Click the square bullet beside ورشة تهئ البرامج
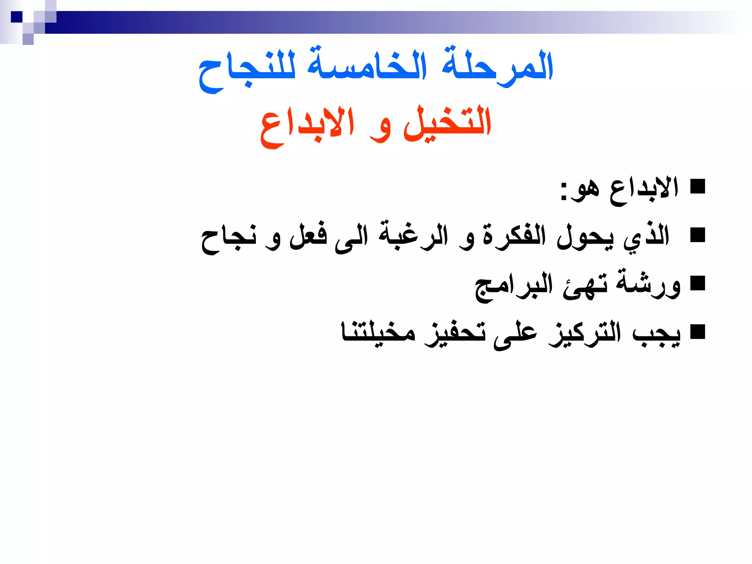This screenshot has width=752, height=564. [698, 283]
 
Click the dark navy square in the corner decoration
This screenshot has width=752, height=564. [17, 17]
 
